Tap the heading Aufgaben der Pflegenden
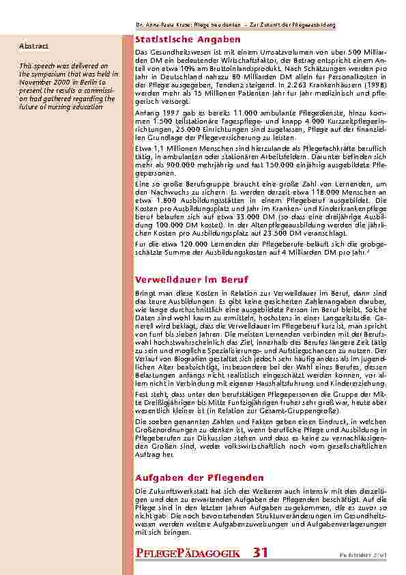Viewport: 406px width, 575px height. (199, 477)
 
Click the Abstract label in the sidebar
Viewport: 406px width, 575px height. (33, 46)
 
